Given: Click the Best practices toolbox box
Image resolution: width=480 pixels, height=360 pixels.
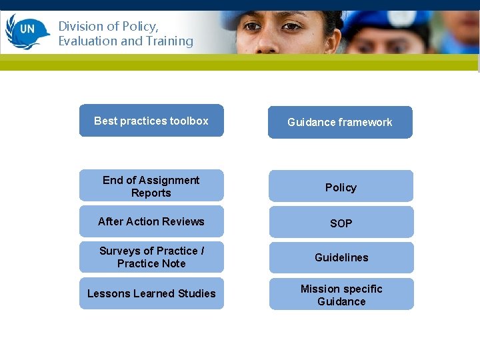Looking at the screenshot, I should click(x=151, y=121).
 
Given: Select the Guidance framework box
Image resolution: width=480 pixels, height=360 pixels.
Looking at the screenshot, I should click(x=340, y=122).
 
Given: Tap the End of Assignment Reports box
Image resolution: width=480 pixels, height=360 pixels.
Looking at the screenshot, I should click(x=151, y=186).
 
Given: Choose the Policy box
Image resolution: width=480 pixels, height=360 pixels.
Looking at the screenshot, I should click(x=341, y=187).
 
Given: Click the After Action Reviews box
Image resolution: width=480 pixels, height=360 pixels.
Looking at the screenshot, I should click(x=151, y=221).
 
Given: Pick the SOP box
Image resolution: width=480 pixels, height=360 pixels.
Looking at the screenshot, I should click(x=341, y=223).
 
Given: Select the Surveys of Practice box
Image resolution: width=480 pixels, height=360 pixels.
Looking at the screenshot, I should click(x=151, y=257).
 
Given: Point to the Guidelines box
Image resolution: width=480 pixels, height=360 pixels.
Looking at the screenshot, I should click(x=341, y=257).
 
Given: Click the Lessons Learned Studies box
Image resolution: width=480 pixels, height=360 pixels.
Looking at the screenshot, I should click(x=151, y=293).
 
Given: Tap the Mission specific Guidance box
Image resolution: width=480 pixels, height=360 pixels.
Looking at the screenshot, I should click(x=341, y=295).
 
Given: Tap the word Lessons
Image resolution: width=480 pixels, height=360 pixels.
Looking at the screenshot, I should click(x=109, y=293).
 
